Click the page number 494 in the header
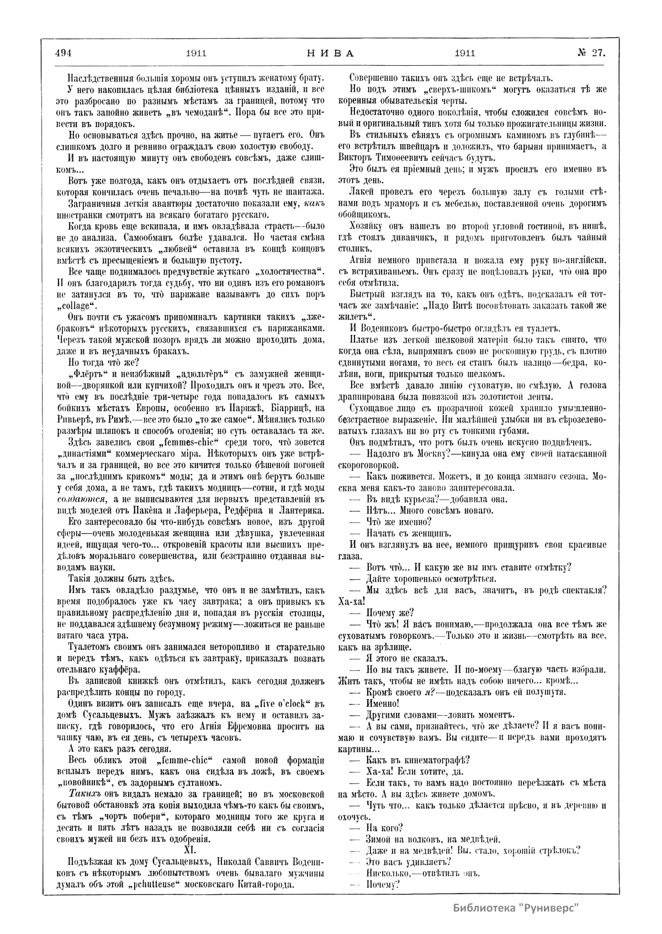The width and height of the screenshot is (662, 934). tap(64, 54)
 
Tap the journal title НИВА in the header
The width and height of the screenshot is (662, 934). tap(330, 54)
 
